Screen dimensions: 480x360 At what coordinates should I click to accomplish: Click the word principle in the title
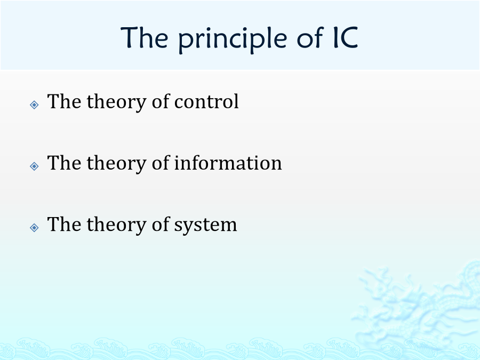click(233, 40)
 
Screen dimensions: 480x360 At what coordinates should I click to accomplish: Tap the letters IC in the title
click(346, 37)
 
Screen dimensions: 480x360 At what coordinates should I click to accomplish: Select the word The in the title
click(144, 37)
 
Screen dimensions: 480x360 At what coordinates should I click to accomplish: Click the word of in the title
click(310, 37)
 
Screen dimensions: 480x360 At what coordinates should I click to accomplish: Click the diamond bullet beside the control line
click(34, 105)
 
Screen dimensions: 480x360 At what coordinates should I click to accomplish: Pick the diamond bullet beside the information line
click(34, 166)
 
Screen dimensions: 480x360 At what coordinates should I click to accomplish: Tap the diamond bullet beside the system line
click(34, 227)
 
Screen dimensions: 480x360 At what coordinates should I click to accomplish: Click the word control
click(206, 101)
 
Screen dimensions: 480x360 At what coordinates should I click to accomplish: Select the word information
click(228, 163)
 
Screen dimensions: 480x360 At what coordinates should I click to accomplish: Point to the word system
click(205, 225)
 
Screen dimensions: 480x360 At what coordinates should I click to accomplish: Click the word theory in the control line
click(116, 103)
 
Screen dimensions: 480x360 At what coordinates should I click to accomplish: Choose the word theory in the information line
click(116, 164)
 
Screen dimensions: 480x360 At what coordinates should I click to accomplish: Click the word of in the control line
click(161, 101)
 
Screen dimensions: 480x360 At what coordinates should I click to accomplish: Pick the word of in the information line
click(161, 163)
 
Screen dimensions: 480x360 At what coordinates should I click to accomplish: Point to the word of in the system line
click(161, 224)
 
